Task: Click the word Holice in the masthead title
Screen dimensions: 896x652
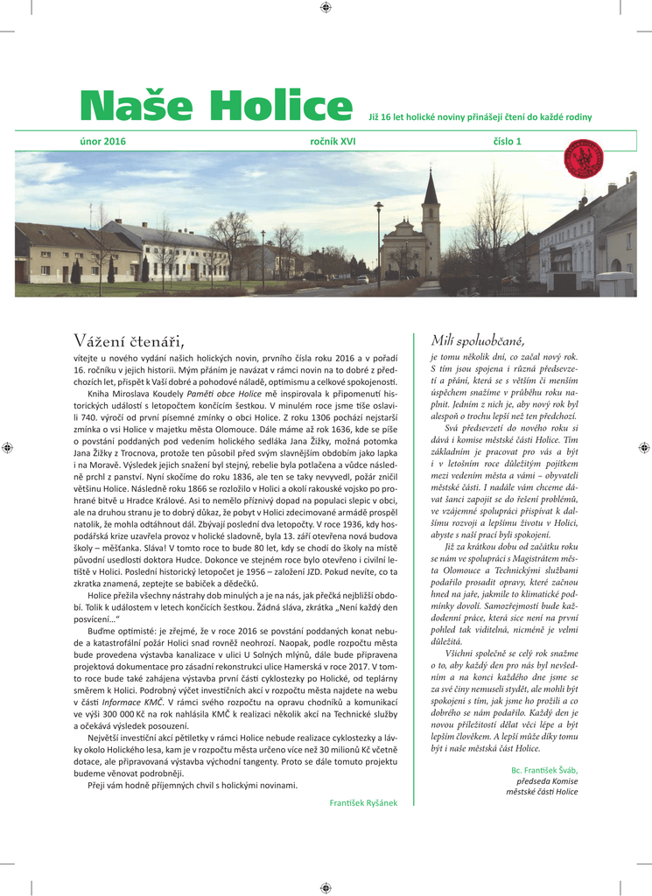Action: (x=282, y=107)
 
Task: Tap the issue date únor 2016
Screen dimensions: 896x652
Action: (x=102, y=141)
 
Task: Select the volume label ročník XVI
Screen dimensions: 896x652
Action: (x=333, y=141)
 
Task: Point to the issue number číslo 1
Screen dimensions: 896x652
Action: (x=507, y=141)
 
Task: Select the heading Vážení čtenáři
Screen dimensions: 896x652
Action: (x=129, y=340)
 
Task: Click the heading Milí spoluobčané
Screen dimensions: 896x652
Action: (x=477, y=339)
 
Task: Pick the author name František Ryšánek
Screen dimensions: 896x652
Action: (x=363, y=802)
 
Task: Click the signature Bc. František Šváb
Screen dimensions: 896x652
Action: (x=544, y=769)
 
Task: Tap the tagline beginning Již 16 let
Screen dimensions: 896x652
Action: (x=480, y=116)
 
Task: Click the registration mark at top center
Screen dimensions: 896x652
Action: (x=326, y=7)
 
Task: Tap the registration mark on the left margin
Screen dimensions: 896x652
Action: (x=7, y=447)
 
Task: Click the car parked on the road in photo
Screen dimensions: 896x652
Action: (x=362, y=279)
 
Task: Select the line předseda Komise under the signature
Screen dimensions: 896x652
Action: (x=547, y=780)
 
